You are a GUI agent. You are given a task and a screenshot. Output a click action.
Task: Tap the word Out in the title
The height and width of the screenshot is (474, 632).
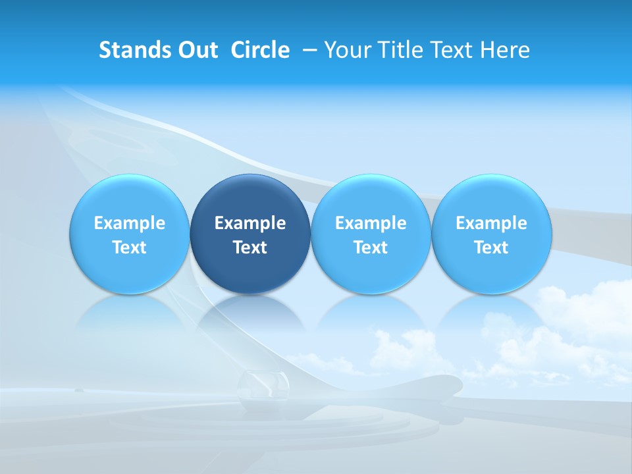(x=195, y=50)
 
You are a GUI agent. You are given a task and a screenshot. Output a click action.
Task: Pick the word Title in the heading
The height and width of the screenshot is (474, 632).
(x=399, y=50)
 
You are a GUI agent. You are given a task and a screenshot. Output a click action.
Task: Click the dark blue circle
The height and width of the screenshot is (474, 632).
(x=250, y=234)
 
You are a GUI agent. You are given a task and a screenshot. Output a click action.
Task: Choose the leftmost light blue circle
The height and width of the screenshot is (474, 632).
(x=130, y=234)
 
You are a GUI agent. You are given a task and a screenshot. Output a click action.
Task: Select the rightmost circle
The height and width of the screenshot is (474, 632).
(x=491, y=234)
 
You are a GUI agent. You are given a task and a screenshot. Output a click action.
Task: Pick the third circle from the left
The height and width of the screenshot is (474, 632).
(x=371, y=234)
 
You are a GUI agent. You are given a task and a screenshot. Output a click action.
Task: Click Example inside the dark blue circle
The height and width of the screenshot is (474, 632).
(x=250, y=223)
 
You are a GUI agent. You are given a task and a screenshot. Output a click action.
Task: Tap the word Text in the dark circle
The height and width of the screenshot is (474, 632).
(x=250, y=248)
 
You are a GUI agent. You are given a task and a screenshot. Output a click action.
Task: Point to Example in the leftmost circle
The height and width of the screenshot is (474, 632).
(x=130, y=223)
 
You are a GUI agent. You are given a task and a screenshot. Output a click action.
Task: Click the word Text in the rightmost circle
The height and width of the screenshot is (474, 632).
(x=491, y=248)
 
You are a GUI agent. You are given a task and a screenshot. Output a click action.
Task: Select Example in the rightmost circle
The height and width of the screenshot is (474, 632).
(x=491, y=223)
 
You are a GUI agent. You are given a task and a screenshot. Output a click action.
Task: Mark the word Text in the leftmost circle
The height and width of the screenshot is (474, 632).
(x=130, y=248)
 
